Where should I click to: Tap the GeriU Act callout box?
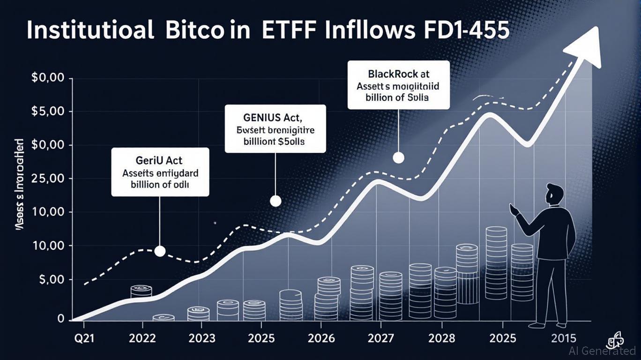[160, 172]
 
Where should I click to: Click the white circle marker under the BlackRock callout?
[398, 157]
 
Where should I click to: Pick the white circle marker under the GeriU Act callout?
[160, 251]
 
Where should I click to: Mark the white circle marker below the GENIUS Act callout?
[276, 202]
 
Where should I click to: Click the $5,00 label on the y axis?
[47, 112]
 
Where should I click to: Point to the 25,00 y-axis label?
[47, 179]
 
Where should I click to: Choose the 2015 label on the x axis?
[564, 338]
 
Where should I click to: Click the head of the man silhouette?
[556, 194]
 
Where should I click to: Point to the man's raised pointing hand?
[514, 210]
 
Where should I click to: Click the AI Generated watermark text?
[602, 351]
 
